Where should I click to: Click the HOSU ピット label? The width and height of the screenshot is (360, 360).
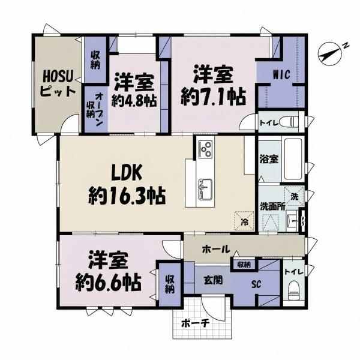pyautogui.click(x=58, y=84)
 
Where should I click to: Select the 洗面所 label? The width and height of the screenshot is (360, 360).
pyautogui.click(x=271, y=206)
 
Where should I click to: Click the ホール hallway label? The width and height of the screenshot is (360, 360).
pyautogui.click(x=214, y=248)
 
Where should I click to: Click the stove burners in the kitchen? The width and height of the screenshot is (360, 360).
pyautogui.click(x=206, y=148)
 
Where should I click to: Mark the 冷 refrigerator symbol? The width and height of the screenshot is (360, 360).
pyautogui.click(x=244, y=221)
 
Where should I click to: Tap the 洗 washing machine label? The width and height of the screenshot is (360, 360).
pyautogui.click(x=294, y=196)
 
